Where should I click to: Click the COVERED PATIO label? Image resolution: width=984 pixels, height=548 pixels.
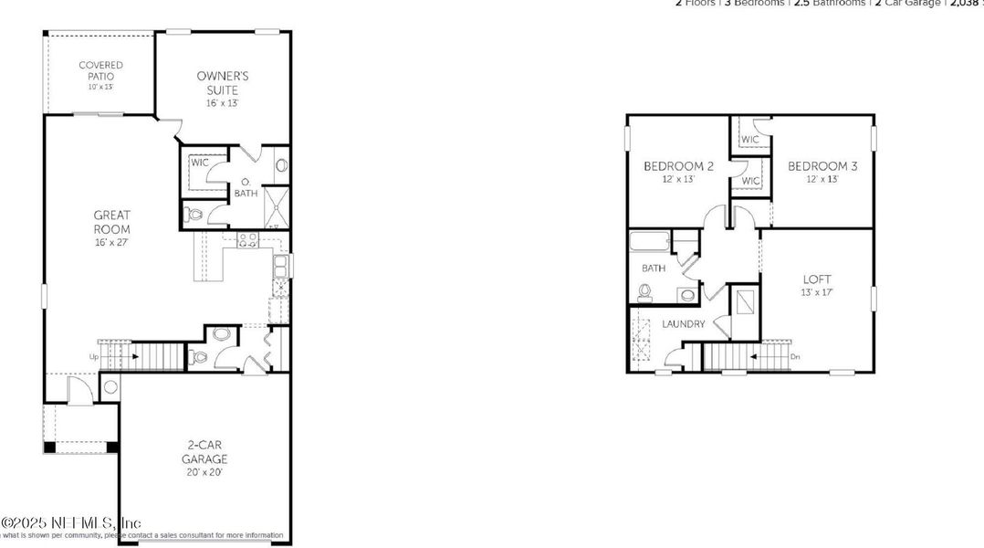100,70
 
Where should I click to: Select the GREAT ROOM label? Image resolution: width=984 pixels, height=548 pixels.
111,222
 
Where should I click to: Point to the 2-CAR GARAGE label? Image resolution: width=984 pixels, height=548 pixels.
204,452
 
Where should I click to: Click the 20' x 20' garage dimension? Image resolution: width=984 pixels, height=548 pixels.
204,472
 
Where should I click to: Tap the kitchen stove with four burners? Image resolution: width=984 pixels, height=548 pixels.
247,241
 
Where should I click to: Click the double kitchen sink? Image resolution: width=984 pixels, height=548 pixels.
282,266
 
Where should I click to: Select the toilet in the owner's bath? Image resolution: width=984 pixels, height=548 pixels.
193,216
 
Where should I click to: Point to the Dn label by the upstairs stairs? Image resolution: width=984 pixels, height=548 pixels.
795,356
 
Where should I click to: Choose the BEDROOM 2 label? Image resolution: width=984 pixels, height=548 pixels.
678,166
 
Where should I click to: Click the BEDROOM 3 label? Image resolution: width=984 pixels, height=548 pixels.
822,166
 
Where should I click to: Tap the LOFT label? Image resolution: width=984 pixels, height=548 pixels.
817,279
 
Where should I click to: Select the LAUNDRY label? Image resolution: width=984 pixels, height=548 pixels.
683,323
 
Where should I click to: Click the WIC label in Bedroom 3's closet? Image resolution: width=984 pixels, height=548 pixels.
749,140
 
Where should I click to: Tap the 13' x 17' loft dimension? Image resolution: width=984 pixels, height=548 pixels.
817,292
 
